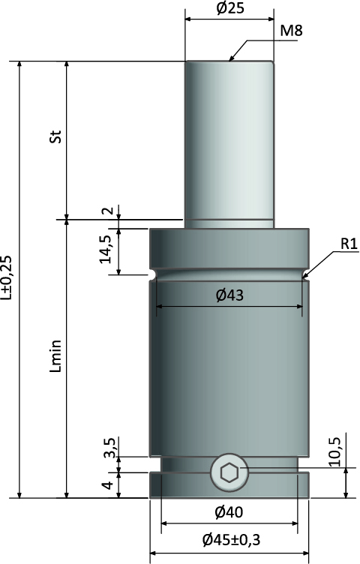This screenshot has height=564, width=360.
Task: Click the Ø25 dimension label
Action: [x=230, y=8]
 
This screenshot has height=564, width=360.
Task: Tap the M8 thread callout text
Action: [x=291, y=31]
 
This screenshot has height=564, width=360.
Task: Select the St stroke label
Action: [x=55, y=136]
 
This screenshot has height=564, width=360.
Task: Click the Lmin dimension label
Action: [x=56, y=355]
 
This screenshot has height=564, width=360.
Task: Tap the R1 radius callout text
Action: [x=349, y=244]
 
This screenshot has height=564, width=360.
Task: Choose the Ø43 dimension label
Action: [x=229, y=295]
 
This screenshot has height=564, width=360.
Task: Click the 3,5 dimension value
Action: [x=110, y=448]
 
